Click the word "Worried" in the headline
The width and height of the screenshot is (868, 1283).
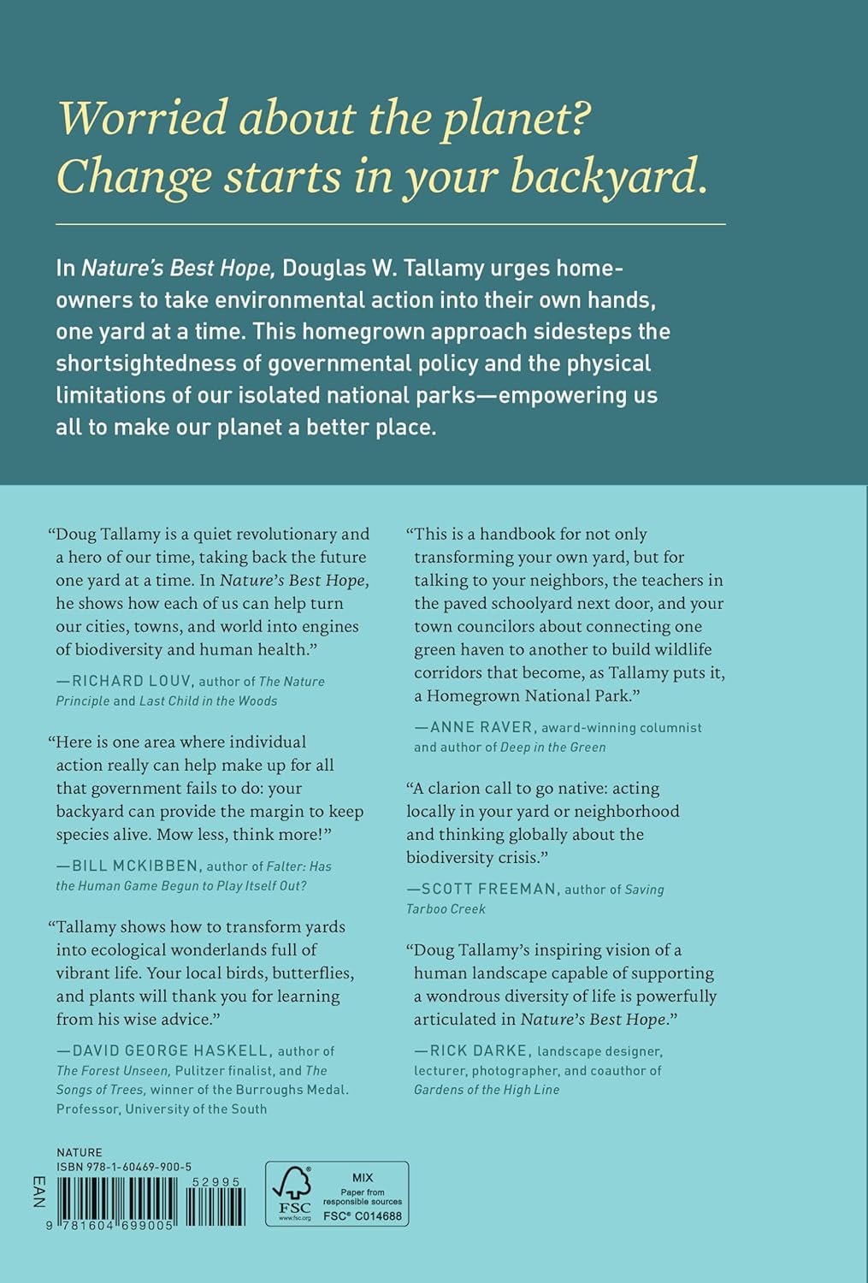click(142, 118)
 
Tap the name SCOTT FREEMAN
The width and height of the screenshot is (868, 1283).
click(488, 890)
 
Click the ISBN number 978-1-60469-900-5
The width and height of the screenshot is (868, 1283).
click(124, 1167)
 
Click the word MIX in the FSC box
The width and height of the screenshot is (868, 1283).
click(362, 1178)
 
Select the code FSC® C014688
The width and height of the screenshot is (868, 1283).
click(362, 1216)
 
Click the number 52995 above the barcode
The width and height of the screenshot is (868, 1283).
click(216, 1182)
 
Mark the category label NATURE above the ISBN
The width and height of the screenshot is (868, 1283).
click(80, 1152)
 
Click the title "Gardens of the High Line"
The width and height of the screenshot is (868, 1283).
click(487, 1090)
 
